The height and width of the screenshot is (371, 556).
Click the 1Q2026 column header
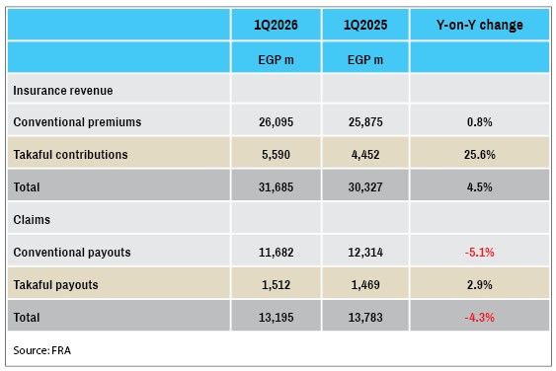pyautogui.click(x=276, y=25)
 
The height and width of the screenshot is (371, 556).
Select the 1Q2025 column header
pyautogui.click(x=365, y=25)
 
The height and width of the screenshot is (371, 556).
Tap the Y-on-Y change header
pyautogui.click(x=480, y=25)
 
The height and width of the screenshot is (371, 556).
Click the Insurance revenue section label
pyautogui.click(x=63, y=91)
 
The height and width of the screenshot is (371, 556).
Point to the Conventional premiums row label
pyautogui.click(x=77, y=122)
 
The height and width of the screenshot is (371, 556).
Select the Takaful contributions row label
pyautogui.click(x=70, y=155)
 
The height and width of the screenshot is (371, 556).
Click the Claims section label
pyautogui.click(x=32, y=220)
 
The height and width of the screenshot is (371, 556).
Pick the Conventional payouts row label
pyautogui.click(x=72, y=253)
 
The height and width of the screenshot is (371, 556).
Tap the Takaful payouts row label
pyautogui.click(x=55, y=285)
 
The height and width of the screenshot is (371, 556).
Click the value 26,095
pyautogui.click(x=276, y=122)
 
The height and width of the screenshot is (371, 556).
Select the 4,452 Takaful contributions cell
pyautogui.click(x=365, y=155)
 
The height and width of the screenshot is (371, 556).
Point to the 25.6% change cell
pyautogui.click(x=480, y=155)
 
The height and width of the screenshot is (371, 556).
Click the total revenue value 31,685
pyautogui.click(x=276, y=187)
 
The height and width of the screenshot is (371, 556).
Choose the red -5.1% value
pyautogui.click(x=480, y=253)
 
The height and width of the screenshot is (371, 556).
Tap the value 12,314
pyautogui.click(x=365, y=253)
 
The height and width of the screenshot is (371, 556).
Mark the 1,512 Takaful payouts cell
pyautogui.click(x=276, y=285)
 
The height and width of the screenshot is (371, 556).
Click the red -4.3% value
pyautogui.click(x=480, y=318)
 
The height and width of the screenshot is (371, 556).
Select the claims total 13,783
pyautogui.click(x=365, y=318)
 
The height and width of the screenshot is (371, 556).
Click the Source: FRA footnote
pyautogui.click(x=42, y=350)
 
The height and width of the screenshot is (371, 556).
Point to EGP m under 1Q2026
pyautogui.click(x=276, y=60)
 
